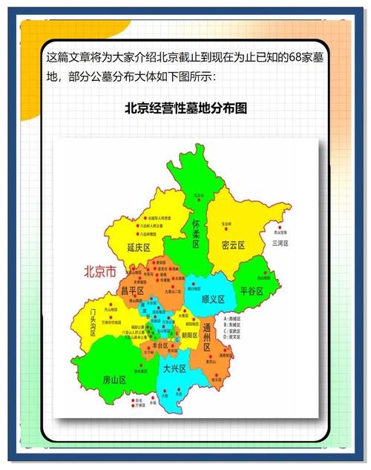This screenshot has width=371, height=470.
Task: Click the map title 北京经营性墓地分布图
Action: click(185, 108)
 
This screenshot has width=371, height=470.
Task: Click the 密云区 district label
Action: click(232, 245)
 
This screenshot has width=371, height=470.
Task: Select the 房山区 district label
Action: click(114, 379)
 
